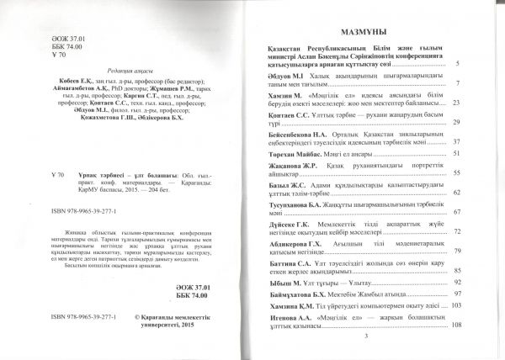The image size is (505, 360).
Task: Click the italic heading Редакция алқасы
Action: (x=119, y=72)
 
